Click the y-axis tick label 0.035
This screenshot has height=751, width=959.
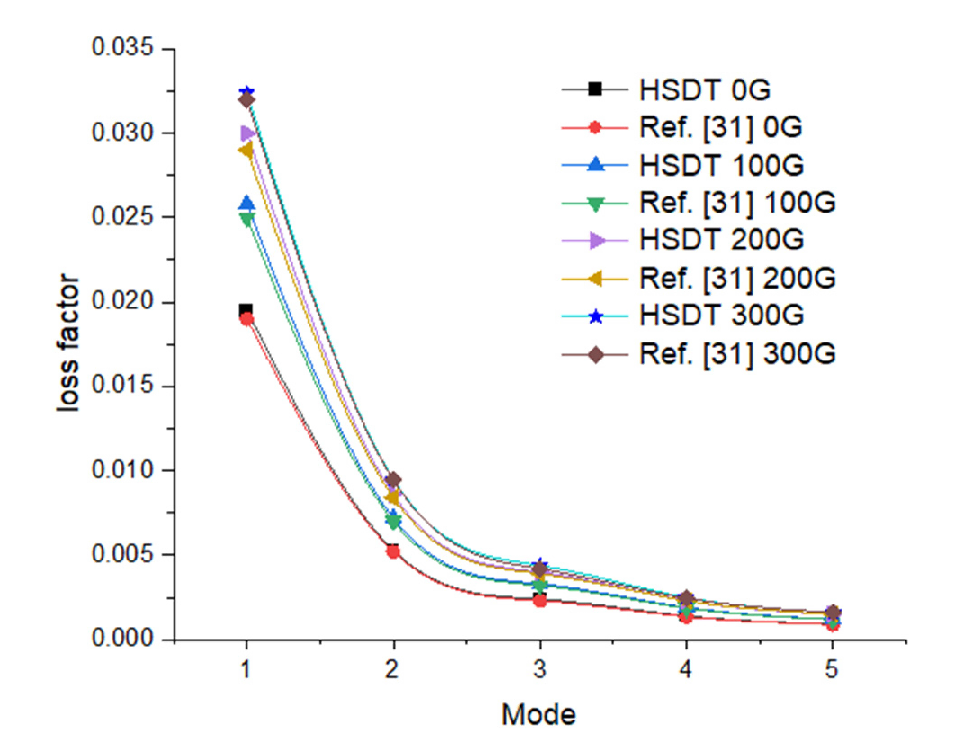(x=123, y=47)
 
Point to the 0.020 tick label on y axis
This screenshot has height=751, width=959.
(x=123, y=301)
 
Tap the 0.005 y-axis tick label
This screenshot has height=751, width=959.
(x=123, y=554)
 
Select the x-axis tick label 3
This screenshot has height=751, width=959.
(x=540, y=669)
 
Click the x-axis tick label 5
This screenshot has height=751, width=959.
(x=832, y=669)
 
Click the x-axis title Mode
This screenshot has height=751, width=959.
(x=538, y=715)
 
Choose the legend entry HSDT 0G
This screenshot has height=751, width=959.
(x=704, y=90)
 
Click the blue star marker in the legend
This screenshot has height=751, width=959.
(x=596, y=316)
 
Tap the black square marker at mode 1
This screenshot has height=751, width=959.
(x=246, y=310)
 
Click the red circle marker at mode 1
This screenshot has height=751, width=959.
(x=246, y=320)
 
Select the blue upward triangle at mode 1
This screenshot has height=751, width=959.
(x=246, y=203)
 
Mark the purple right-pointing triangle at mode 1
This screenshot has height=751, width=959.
(x=247, y=133)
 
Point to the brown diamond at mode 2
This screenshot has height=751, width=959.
(x=394, y=480)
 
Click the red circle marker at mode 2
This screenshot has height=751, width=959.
(x=394, y=551)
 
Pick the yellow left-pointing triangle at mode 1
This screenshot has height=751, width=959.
(x=246, y=150)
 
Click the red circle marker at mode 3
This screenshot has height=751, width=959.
(x=540, y=600)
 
